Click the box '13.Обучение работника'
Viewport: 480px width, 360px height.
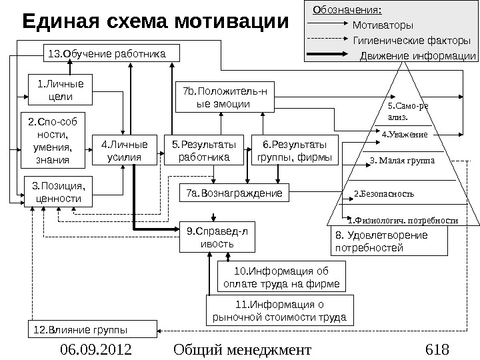pos(105,53)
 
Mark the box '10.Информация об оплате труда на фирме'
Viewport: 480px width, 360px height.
pos(282,277)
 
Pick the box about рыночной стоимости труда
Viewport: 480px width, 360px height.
pos(279,310)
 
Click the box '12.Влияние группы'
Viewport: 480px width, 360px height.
pos(93,328)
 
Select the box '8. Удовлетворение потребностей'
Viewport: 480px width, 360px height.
pos(389,242)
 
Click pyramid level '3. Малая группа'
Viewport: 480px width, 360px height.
pos(401,161)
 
